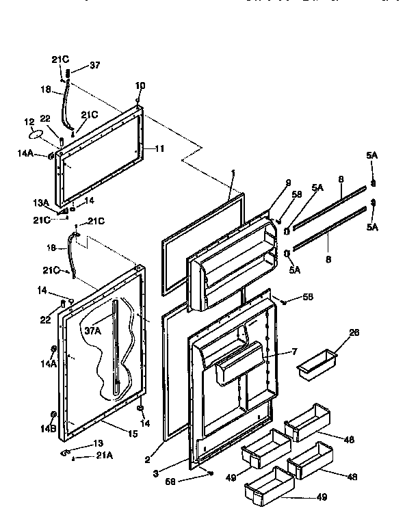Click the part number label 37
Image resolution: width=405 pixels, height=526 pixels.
(x=94, y=66)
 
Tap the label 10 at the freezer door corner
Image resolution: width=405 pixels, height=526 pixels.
(x=140, y=86)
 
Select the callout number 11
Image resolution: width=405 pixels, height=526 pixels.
(x=160, y=148)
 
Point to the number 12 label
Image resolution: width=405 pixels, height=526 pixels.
(x=29, y=122)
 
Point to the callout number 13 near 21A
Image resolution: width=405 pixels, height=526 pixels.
(x=98, y=443)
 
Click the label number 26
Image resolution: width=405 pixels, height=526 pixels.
(x=335, y=333)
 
